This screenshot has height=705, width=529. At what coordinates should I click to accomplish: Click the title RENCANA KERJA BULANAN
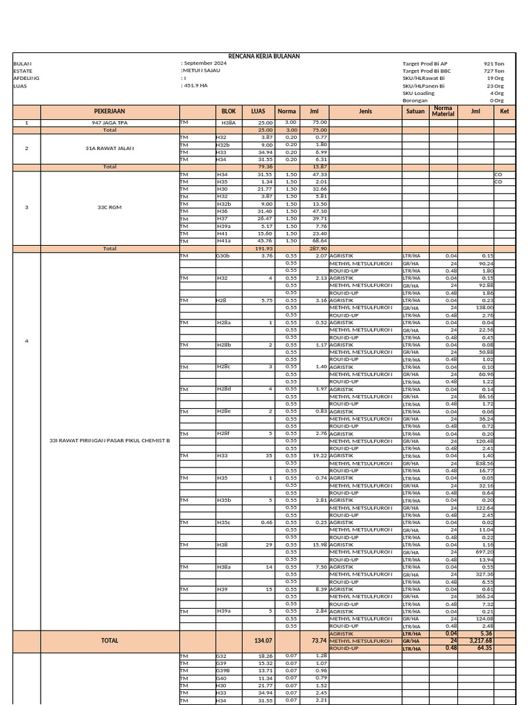coord(264,56)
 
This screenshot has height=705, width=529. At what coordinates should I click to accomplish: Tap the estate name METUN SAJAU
coord(200,71)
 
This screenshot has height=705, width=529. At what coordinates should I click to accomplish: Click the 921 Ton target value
coord(494,63)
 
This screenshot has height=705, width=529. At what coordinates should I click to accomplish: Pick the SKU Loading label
coord(419,93)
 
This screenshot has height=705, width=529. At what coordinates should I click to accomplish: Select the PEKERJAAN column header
coord(110,111)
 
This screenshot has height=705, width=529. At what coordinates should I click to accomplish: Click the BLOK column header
coord(228,111)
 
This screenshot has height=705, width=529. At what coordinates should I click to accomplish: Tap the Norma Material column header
coord(443,111)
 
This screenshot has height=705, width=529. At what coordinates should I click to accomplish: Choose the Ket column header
coord(504,111)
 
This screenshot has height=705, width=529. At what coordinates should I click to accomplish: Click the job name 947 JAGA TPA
coord(110,123)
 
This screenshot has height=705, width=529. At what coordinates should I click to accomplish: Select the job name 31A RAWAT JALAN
coord(110,148)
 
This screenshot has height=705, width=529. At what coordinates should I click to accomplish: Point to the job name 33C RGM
coord(110,207)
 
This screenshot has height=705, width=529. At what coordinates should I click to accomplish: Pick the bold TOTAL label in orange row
coord(110,640)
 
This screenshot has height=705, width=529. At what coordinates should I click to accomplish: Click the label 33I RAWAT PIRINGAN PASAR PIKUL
coord(110,441)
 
